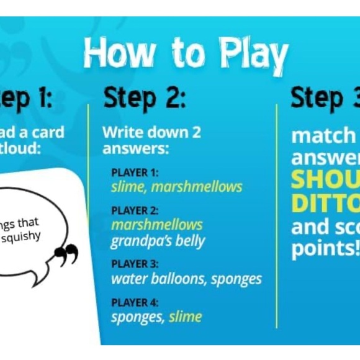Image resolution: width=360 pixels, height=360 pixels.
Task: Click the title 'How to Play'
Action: pos(186,55)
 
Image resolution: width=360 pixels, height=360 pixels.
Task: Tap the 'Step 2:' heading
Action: pos(144,98)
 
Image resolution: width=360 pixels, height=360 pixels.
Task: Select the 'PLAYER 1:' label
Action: pos(134,173)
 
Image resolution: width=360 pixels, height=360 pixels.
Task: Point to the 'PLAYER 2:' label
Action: pos(134,210)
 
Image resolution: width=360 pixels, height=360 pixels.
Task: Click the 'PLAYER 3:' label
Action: pos(134,264)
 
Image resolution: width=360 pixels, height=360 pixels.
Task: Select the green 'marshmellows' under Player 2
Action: pos(156,224)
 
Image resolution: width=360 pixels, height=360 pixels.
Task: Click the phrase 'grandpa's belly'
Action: pos(158,241)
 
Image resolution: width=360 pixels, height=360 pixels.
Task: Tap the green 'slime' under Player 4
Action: pos(185,317)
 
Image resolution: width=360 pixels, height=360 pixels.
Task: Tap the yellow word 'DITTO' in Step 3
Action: pos(326,203)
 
